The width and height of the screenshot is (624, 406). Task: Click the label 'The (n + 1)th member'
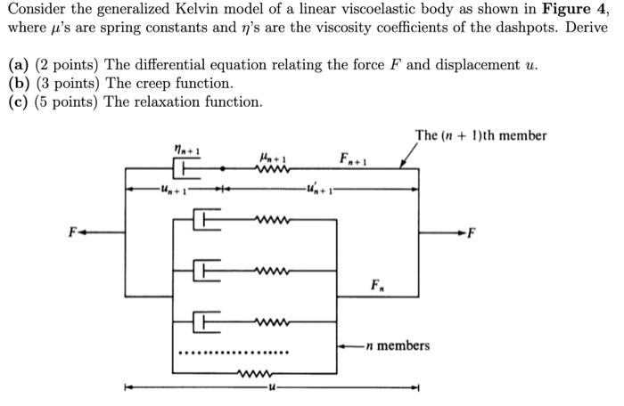point(480,136)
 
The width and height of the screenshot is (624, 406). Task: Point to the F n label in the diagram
point(380,287)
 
